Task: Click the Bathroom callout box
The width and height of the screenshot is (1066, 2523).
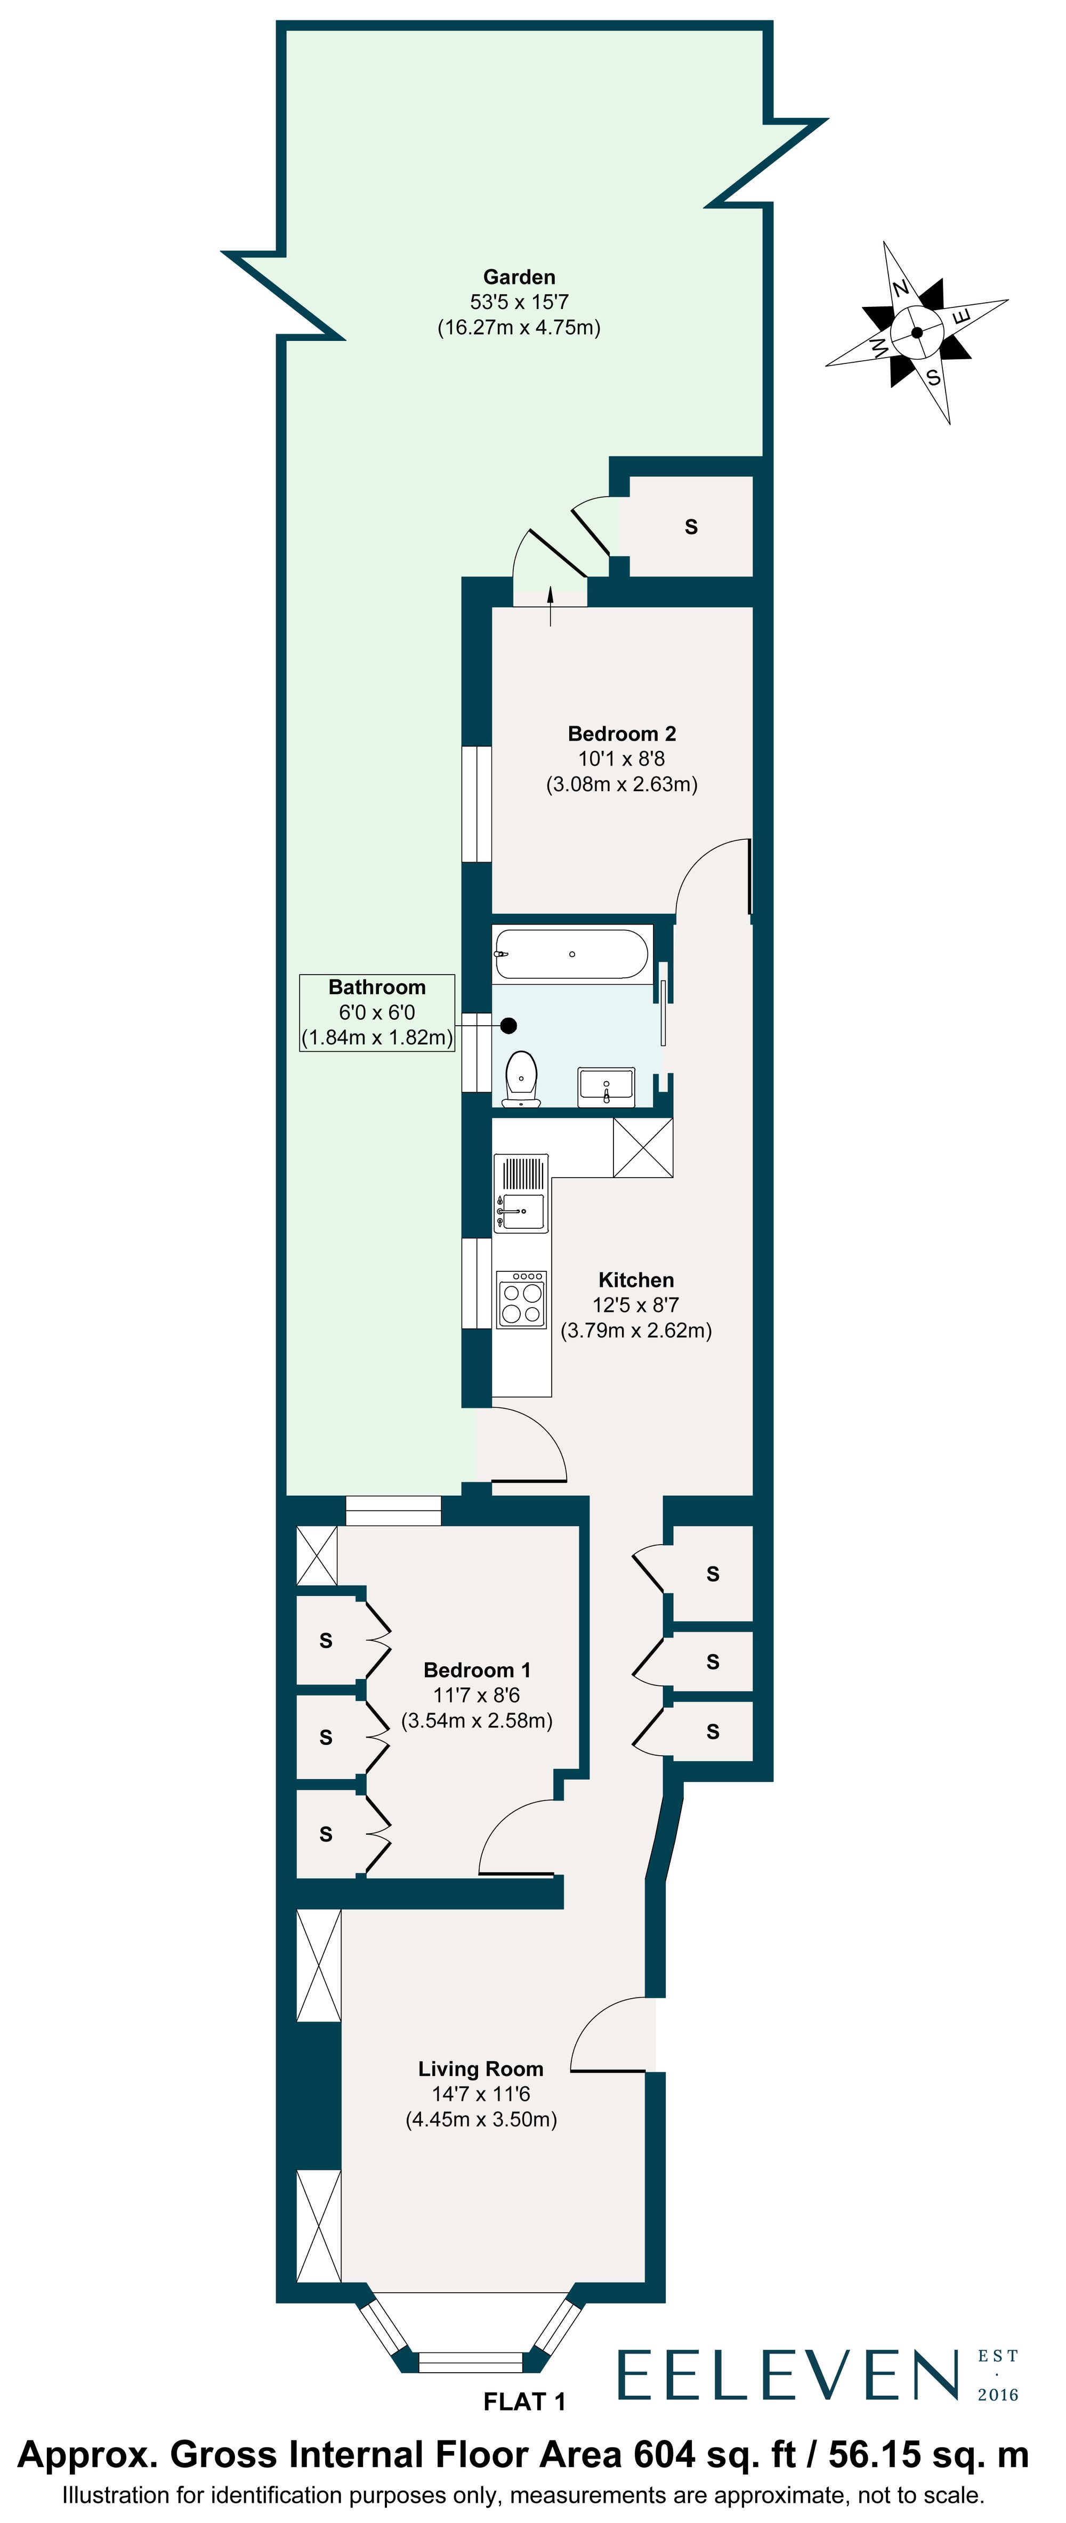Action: pyautogui.click(x=377, y=1013)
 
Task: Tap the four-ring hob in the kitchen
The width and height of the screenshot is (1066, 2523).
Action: pyautogui.click(x=521, y=1301)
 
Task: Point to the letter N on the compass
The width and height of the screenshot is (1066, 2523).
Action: pyautogui.click(x=900, y=288)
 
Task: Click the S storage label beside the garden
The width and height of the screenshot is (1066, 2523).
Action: pyautogui.click(x=691, y=527)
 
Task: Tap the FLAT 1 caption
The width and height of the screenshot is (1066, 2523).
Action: pyautogui.click(x=524, y=2402)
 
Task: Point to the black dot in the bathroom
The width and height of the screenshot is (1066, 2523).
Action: pyautogui.click(x=508, y=1026)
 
